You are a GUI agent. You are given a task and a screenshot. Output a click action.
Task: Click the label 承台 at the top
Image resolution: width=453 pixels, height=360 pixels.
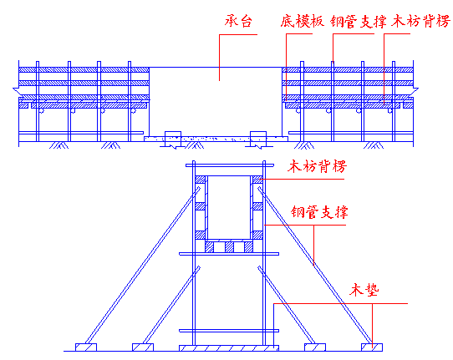(238, 21)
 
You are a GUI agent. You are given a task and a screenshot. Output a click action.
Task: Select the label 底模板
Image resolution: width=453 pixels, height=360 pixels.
(302, 21)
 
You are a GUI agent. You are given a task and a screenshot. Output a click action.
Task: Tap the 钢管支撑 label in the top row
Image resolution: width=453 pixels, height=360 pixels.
(359, 22)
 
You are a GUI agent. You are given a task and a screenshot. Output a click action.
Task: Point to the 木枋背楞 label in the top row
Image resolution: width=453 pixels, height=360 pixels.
(420, 21)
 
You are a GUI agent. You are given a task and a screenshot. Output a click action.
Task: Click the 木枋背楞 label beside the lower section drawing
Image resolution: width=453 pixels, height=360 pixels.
(317, 166)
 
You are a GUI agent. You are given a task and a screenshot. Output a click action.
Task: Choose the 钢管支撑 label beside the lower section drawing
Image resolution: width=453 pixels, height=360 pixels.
(319, 212)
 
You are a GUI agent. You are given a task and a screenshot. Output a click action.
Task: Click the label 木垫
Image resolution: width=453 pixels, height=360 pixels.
(364, 290)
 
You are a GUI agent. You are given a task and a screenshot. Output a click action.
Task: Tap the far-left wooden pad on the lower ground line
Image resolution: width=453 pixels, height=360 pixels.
(86, 347)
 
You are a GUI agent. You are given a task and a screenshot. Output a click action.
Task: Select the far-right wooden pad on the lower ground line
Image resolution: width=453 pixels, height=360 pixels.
(372, 347)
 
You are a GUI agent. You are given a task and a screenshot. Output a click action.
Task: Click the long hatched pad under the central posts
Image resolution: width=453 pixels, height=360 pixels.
(229, 348)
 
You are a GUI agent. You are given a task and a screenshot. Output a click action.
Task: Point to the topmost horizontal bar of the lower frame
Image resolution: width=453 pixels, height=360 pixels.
(230, 165)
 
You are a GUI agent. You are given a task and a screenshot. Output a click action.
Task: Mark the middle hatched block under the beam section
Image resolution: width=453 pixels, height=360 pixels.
(229, 247)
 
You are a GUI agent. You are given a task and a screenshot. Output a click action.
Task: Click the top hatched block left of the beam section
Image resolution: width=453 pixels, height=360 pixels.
(201, 180)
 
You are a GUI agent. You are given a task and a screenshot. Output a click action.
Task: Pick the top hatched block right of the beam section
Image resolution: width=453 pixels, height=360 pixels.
(257, 180)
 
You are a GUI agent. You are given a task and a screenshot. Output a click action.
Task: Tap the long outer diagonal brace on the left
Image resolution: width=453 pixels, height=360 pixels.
(142, 265)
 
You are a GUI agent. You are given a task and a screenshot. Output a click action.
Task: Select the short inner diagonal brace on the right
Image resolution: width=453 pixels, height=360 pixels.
(287, 305)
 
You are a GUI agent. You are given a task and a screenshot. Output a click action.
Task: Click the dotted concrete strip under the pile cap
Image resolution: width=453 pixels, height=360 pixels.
(216, 139)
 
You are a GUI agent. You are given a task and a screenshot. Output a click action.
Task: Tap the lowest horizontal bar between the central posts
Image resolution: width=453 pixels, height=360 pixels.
(229, 331)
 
